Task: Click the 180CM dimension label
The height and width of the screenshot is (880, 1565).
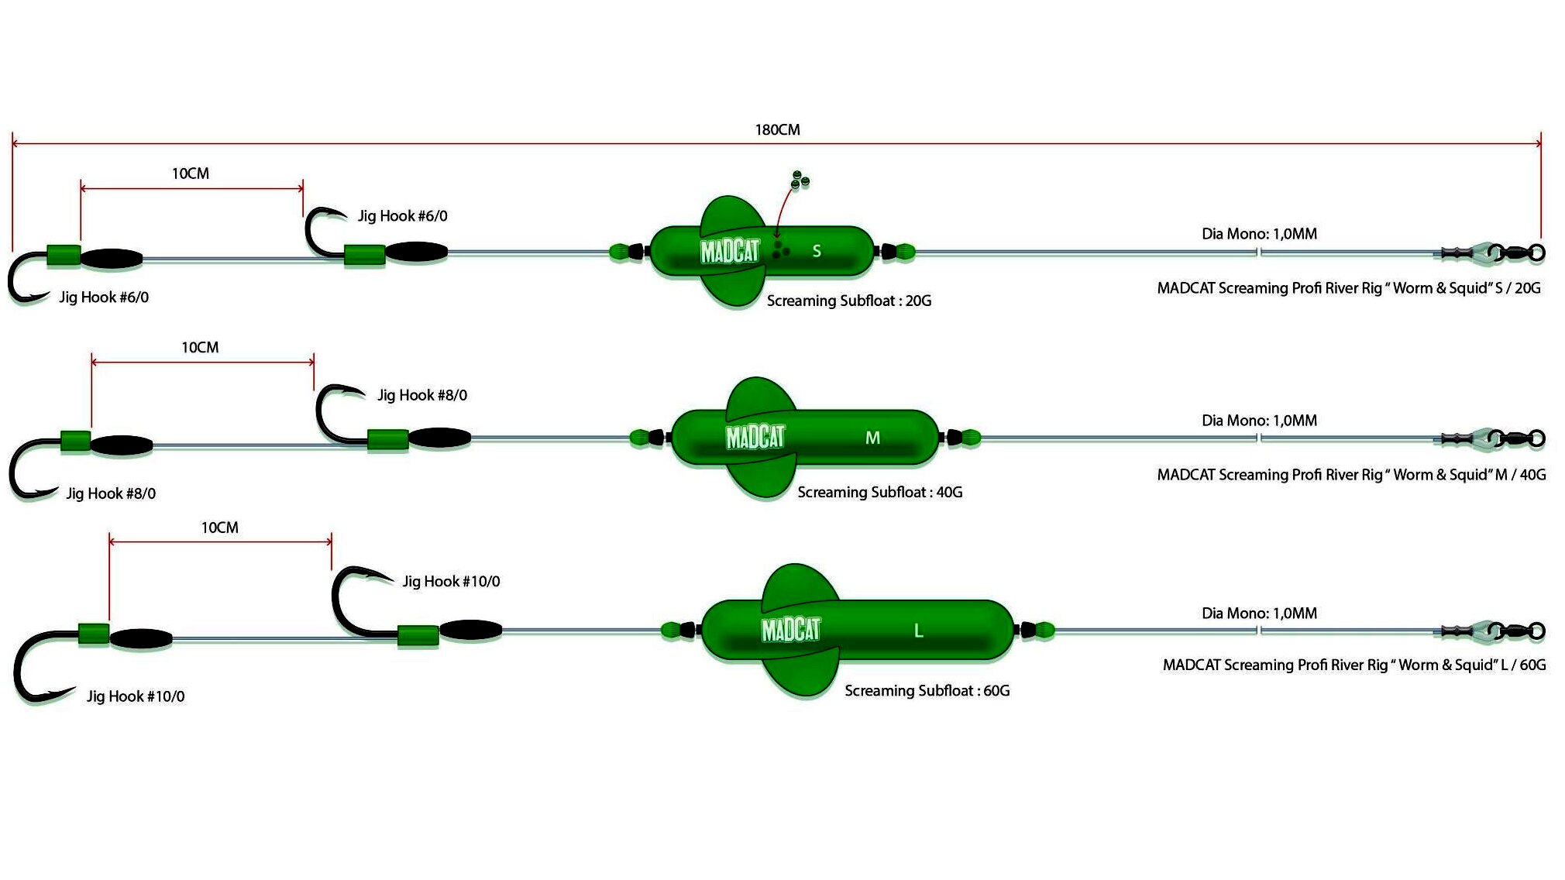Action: (x=777, y=130)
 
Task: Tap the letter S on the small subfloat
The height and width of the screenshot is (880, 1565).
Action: (x=816, y=251)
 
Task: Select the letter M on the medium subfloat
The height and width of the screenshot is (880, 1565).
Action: (x=872, y=438)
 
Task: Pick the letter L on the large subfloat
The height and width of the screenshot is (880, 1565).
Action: (x=918, y=631)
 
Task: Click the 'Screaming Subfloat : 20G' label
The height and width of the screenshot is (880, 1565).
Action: (x=848, y=301)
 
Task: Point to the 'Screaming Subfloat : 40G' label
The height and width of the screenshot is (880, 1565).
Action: (x=879, y=493)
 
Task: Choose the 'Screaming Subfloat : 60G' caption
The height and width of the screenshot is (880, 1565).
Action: (x=927, y=691)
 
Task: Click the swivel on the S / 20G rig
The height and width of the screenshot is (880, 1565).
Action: (x=1517, y=253)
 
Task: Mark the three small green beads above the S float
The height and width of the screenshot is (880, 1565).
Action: (x=800, y=180)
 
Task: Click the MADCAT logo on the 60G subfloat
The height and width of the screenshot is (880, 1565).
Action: (x=790, y=629)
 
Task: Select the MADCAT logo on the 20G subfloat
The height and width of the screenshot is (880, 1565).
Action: (x=730, y=252)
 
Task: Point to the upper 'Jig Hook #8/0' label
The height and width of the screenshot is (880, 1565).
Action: (x=422, y=395)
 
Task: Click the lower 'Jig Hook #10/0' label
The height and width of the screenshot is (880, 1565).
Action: (x=136, y=696)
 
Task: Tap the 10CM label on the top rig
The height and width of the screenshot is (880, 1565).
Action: (x=191, y=174)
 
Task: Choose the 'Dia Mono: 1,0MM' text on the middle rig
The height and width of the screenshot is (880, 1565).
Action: (x=1259, y=421)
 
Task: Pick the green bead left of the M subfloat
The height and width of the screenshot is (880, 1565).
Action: (x=640, y=438)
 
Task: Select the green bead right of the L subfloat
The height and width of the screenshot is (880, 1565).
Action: (x=1044, y=630)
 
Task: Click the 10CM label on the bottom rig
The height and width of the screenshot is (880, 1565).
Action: (x=220, y=528)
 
